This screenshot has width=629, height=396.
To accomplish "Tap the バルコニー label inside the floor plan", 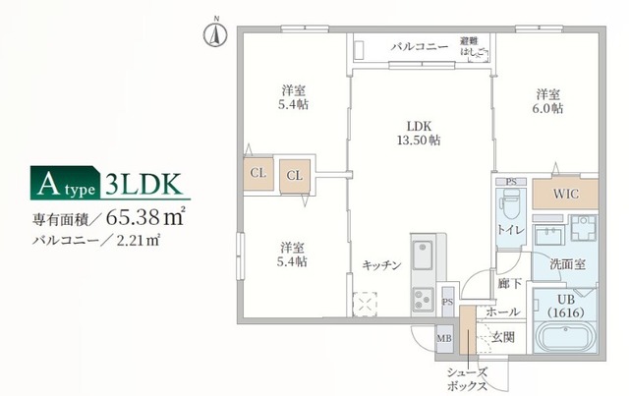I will coord(420,47).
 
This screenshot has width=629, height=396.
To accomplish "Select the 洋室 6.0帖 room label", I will coord(548,101).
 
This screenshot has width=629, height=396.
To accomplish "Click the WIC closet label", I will coord(565,194).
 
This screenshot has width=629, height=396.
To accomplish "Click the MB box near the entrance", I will coord(445,338).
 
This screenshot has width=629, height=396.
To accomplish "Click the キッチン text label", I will coord(380,264).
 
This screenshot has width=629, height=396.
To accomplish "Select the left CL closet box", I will coord(258,173).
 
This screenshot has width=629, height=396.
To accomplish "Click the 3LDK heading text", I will coord(140,183).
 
